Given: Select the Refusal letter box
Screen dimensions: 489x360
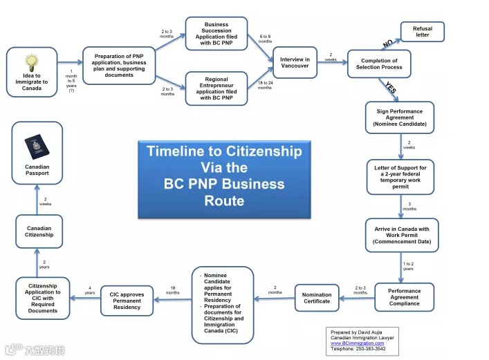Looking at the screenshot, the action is click(422, 32).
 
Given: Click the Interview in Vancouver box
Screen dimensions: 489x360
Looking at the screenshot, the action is click(295, 63).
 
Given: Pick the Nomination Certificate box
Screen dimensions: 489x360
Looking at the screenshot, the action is click(317, 298).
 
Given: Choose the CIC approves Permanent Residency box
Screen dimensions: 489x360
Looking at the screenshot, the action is click(127, 301).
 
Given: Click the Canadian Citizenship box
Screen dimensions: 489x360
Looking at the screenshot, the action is click(39, 232).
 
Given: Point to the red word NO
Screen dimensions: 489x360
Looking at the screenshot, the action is click(387, 44).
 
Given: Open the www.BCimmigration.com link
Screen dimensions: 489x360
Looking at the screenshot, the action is click(357, 343).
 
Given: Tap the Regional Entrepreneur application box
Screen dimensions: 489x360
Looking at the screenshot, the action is click(216, 88).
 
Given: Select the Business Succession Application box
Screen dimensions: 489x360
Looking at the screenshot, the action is click(216, 33).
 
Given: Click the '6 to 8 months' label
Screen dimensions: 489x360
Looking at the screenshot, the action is click(266, 39).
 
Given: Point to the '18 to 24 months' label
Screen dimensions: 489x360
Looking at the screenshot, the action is click(265, 85).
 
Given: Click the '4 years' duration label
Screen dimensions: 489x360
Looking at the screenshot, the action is click(90, 291).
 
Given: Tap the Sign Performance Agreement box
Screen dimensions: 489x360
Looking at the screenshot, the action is click(399, 117).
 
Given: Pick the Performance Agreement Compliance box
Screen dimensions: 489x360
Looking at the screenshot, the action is click(404, 297).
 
